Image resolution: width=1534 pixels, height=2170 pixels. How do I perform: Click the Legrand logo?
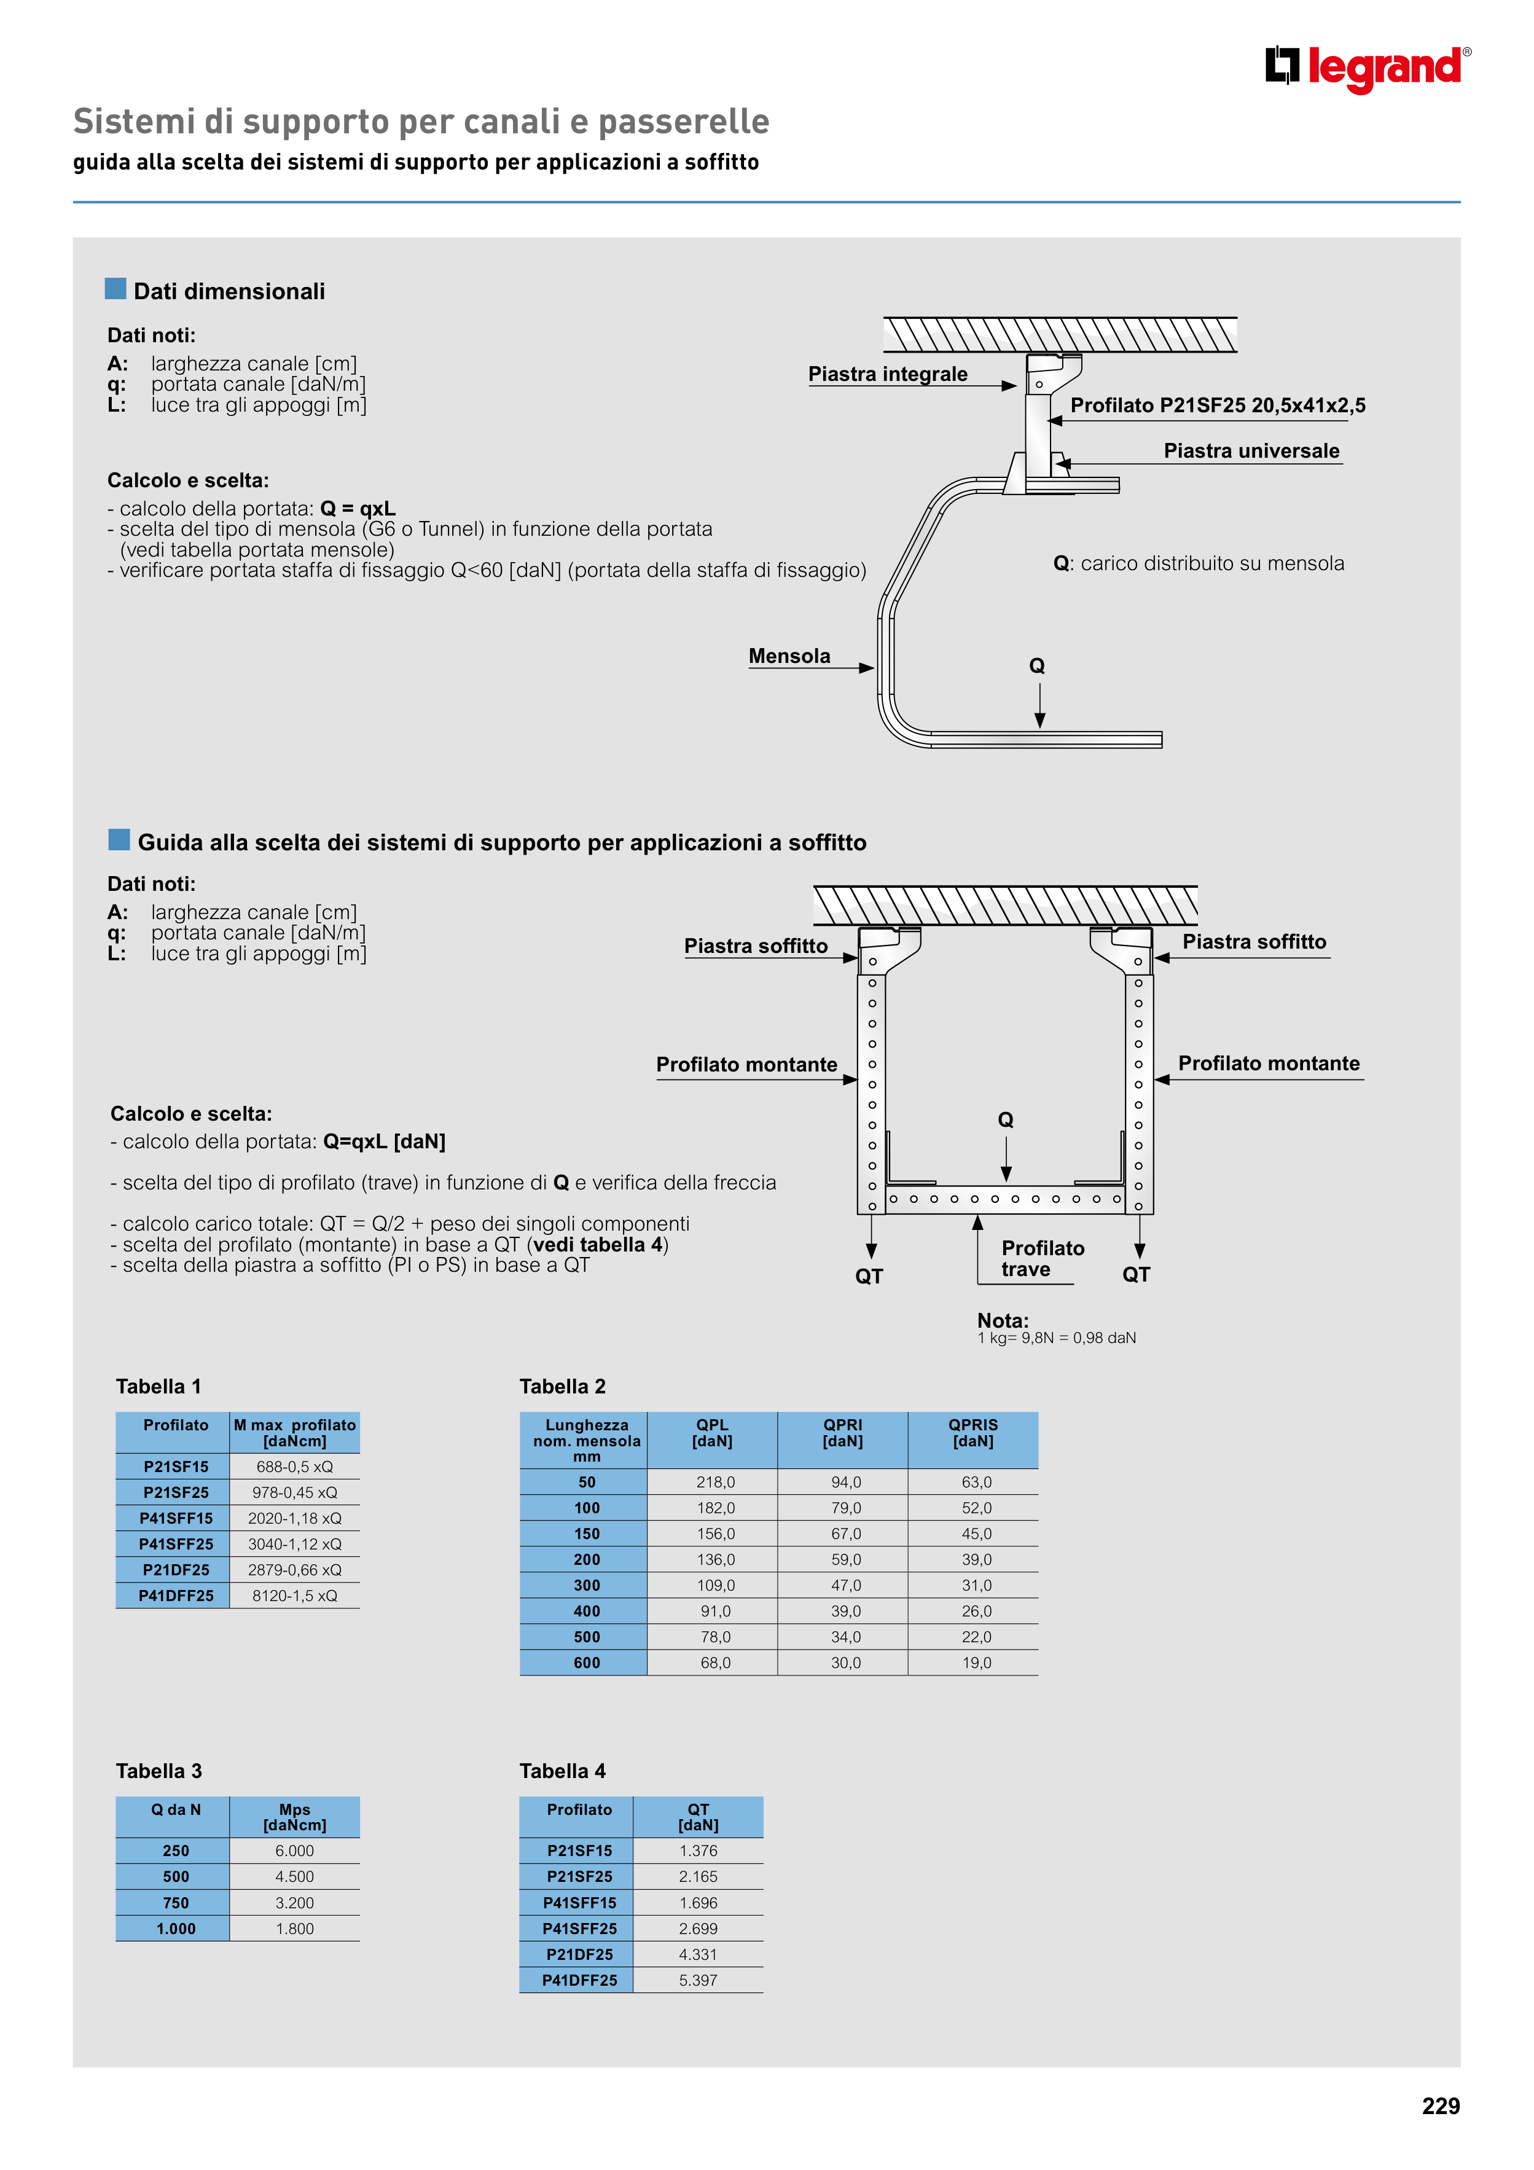[1367, 69]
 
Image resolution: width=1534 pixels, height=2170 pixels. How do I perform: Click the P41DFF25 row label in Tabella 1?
[176, 1596]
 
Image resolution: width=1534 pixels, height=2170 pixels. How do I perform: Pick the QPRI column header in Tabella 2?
[842, 1433]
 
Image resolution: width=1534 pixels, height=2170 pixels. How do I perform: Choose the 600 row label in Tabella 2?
[586, 1663]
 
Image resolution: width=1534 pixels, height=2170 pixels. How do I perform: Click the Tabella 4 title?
[562, 1771]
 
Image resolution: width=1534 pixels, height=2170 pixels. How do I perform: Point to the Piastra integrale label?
[888, 374]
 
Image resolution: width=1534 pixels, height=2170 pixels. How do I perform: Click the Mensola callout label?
[789, 656]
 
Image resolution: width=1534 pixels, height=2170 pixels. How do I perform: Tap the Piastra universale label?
[1251, 451]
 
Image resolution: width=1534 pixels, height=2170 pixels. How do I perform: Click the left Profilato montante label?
[746, 1065]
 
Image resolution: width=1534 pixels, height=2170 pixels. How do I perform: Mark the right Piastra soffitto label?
[1254, 942]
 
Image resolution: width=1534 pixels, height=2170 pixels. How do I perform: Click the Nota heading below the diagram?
[1003, 1320]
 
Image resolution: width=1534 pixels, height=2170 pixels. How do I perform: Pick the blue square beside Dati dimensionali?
[115, 288]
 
